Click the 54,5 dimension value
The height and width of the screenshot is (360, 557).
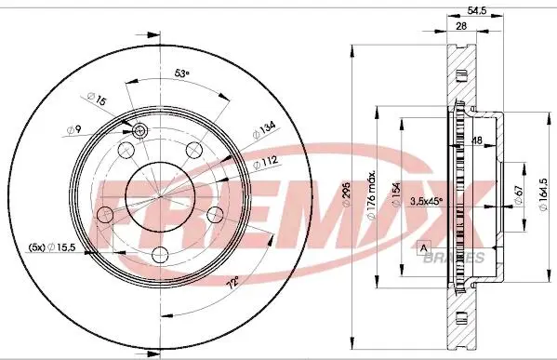476,10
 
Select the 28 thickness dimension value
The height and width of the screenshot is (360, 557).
461,26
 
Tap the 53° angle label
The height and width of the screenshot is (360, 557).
182,73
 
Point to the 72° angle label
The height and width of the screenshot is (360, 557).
233,283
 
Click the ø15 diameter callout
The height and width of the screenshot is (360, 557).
97,99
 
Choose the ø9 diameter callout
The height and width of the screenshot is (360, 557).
74,129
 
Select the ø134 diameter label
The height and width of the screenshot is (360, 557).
264,130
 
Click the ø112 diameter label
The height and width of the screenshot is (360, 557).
265,163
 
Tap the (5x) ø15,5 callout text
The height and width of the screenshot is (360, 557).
52,247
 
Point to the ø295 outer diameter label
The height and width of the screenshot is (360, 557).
346,194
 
